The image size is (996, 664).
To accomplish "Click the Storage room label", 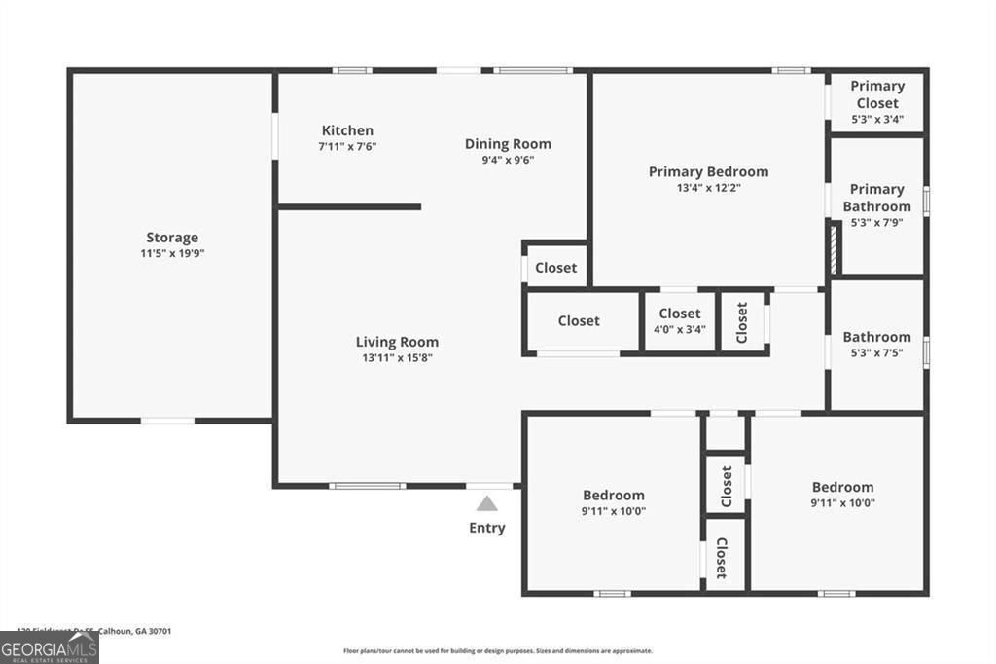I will (x=172, y=238).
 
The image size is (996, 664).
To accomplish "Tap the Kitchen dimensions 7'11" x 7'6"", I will (x=347, y=146).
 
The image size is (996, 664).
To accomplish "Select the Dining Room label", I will (x=508, y=144).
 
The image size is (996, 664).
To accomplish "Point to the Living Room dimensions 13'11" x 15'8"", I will (x=397, y=357).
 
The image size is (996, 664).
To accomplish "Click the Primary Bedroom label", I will (x=708, y=171).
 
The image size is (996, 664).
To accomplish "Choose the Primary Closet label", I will (x=876, y=94).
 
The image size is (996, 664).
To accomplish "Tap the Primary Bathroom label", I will (x=876, y=198).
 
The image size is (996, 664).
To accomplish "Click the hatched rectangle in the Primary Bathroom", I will (x=835, y=249).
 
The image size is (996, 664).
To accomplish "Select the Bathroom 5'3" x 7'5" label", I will (x=876, y=345).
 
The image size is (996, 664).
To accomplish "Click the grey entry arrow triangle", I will (x=487, y=503).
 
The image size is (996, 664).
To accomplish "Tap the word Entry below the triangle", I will (x=487, y=528).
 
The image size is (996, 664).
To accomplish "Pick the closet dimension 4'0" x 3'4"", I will (x=680, y=329).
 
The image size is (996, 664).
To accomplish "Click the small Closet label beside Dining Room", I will (x=555, y=268).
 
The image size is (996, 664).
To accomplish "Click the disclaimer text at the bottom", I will (x=497, y=650).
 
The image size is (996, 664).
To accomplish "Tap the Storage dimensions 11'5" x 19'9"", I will (x=172, y=253).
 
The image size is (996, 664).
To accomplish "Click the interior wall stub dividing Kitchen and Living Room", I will (x=349, y=206).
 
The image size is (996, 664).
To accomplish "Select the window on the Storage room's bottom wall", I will (x=167, y=421).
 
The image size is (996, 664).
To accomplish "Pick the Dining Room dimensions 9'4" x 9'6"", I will (x=508, y=161).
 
